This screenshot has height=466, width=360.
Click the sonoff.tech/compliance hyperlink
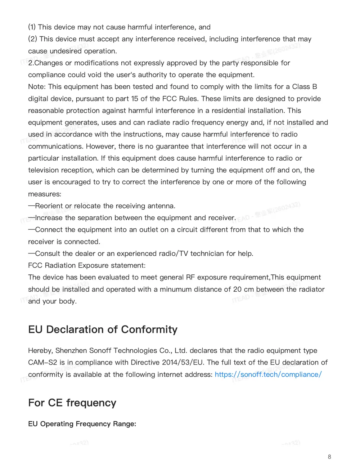[268, 375]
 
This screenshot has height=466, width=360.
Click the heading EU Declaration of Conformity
[103, 330]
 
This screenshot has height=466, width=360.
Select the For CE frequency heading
[72, 403]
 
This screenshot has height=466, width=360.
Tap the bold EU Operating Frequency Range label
[82, 424]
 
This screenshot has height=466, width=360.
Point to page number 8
[329, 457]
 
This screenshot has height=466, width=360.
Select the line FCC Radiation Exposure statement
[87, 265]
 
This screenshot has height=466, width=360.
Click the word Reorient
[49, 206]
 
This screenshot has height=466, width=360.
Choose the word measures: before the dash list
[45, 194]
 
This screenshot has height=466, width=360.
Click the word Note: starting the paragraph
[37, 87]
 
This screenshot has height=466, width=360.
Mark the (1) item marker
[32, 27]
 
